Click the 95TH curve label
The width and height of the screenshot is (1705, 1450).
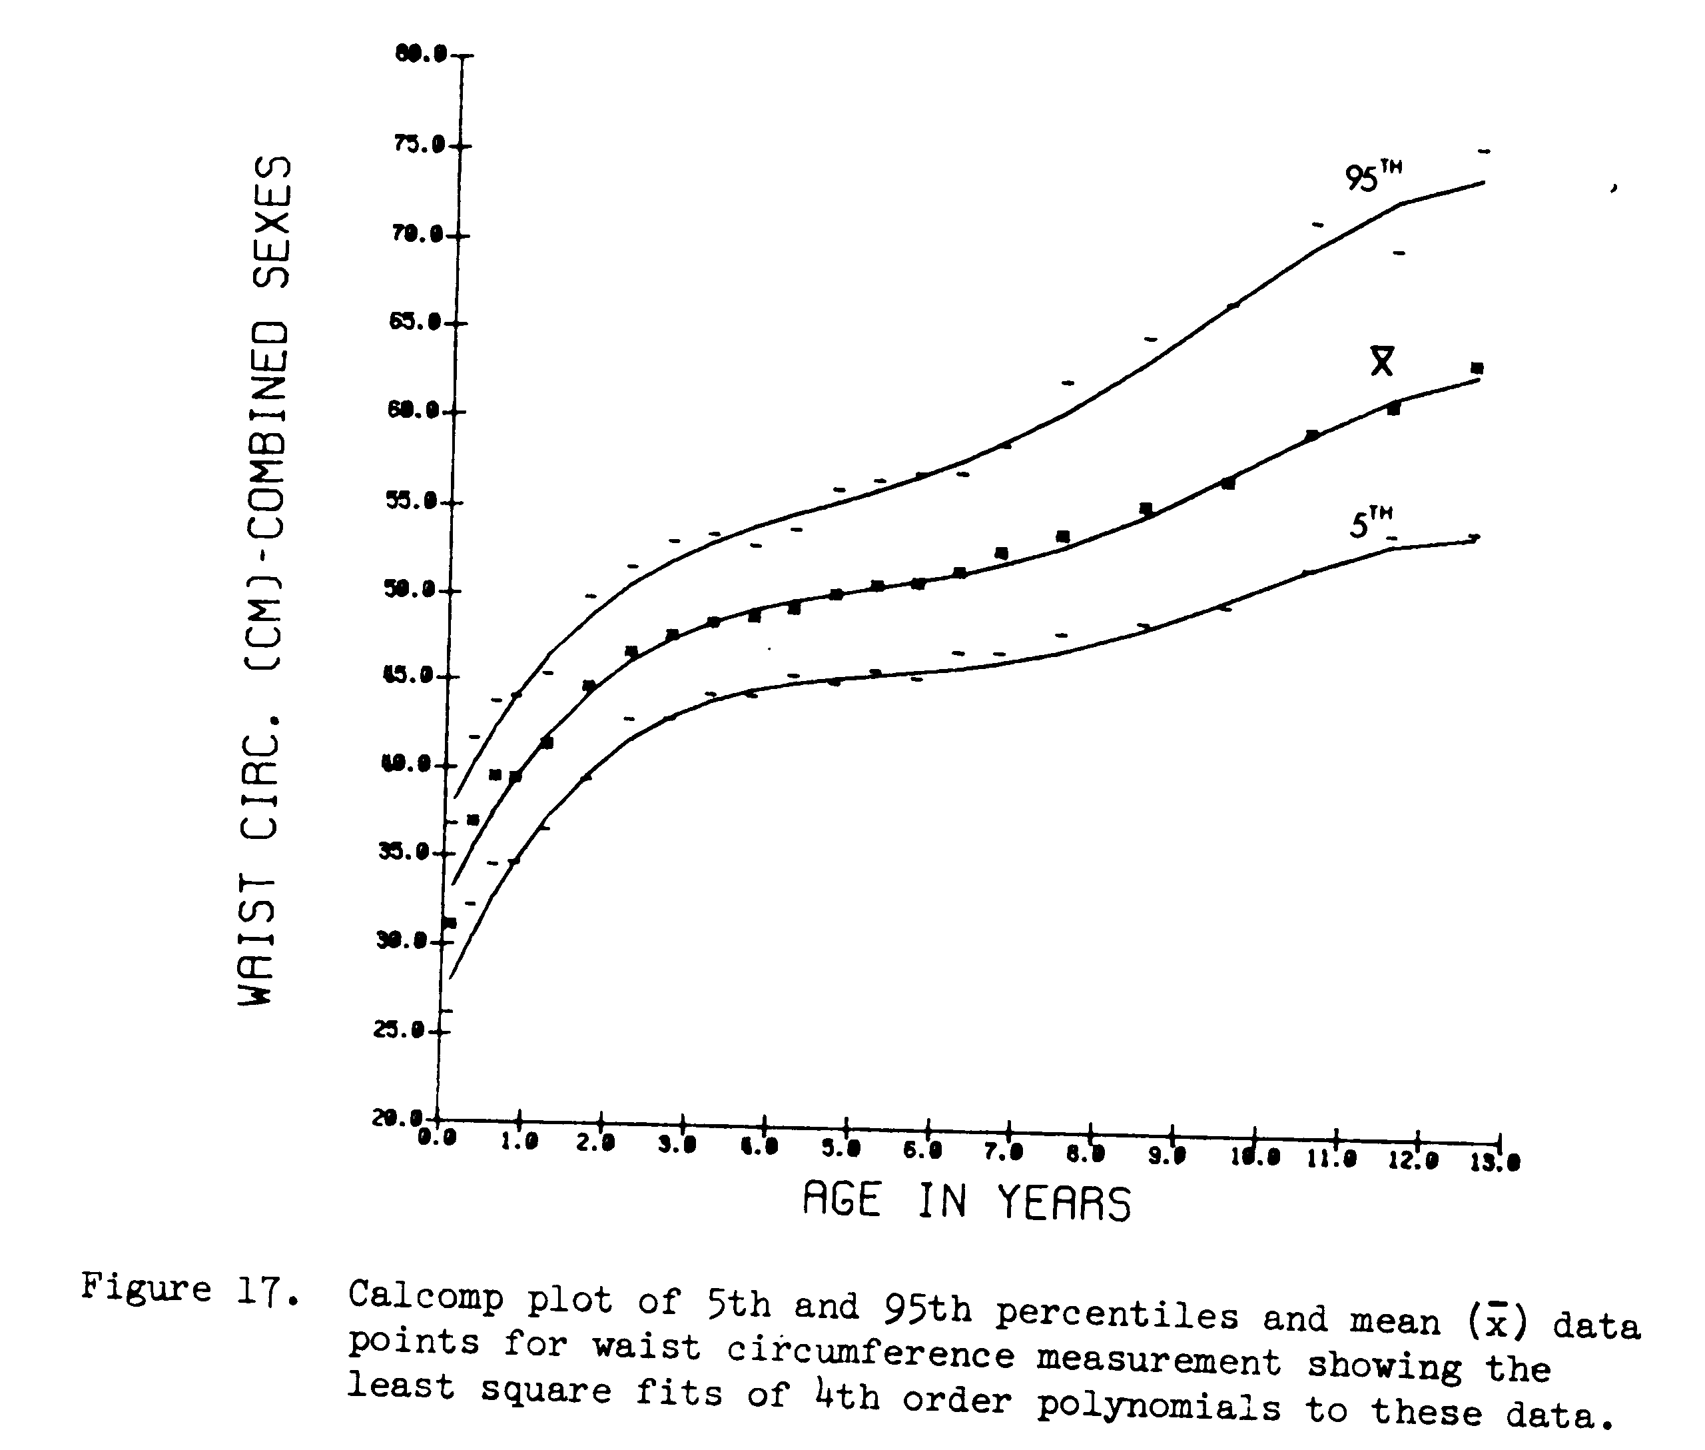pyautogui.click(x=1372, y=176)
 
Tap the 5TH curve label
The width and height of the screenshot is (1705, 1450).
pyautogui.click(x=1370, y=523)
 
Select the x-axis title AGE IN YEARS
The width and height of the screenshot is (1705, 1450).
pyautogui.click(x=966, y=1201)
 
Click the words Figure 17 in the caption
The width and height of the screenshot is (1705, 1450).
pyautogui.click(x=189, y=1287)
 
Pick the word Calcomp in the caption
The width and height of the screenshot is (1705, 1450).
pyautogui.click(x=425, y=1296)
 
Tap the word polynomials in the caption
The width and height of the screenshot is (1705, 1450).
pyautogui.click(x=1158, y=1407)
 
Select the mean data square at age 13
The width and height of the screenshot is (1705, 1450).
pyautogui.click(x=1477, y=368)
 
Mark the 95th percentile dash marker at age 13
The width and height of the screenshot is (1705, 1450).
pyautogui.click(x=1484, y=151)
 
